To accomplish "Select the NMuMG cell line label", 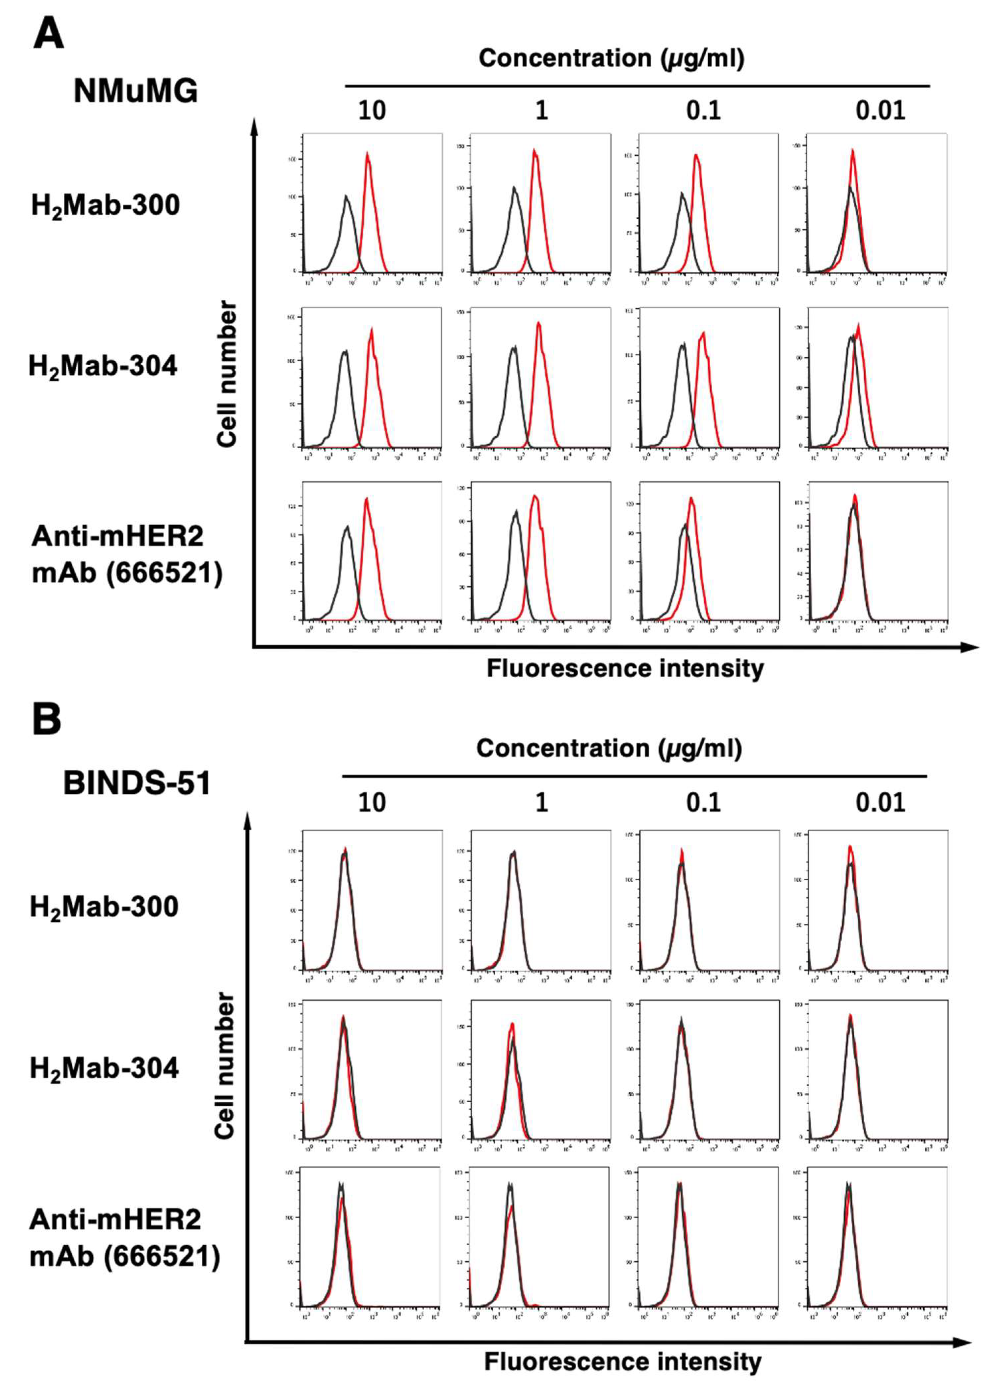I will (x=136, y=92).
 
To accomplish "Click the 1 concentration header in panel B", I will (x=541, y=802).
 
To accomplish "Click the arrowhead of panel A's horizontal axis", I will (x=971, y=647).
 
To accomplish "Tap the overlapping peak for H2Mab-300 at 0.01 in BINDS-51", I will (x=850, y=849).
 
